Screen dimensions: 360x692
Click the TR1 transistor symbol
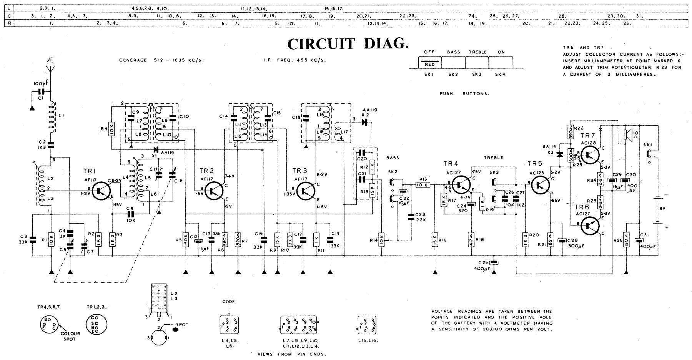(x=102, y=191)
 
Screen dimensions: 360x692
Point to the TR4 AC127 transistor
(x=461, y=184)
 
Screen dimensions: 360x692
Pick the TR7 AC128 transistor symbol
(x=589, y=155)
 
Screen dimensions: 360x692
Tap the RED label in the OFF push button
(x=429, y=65)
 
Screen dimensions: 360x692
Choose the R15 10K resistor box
(x=423, y=185)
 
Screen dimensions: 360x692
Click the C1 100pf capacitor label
(x=38, y=83)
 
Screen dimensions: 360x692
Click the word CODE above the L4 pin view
(x=228, y=302)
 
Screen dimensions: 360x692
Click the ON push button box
(x=501, y=62)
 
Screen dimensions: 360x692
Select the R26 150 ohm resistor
(x=626, y=239)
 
